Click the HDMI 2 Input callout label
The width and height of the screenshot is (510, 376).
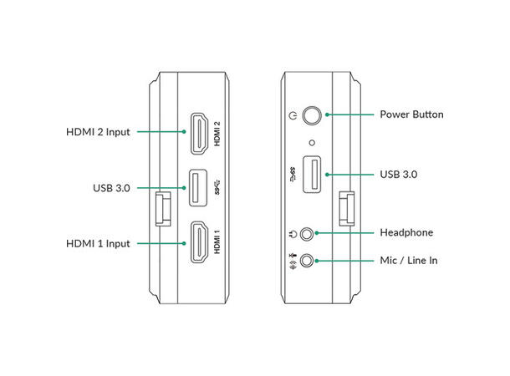pyautogui.click(x=98, y=132)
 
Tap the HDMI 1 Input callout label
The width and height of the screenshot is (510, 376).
pyautogui.click(x=98, y=243)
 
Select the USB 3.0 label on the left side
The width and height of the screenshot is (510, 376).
pyautogui.click(x=111, y=188)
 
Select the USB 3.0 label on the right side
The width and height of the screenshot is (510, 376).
pyautogui.click(x=398, y=175)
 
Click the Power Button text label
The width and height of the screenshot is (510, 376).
pyautogui.click(x=411, y=114)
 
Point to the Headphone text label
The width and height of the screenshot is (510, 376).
pyautogui.click(x=406, y=232)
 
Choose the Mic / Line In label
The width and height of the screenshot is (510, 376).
pyautogui.click(x=410, y=261)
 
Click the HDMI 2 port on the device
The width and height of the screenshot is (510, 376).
pyautogui.click(x=200, y=132)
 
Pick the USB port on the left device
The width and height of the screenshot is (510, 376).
pyautogui.click(x=200, y=188)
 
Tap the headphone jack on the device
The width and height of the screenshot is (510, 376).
pyautogui.click(x=312, y=233)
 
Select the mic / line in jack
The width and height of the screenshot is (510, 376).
pyautogui.click(x=312, y=261)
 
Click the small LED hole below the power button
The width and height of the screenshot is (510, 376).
pyautogui.click(x=313, y=142)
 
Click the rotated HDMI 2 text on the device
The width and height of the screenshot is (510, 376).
pyautogui.click(x=217, y=134)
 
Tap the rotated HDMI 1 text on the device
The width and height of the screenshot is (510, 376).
pyautogui.click(x=217, y=242)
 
